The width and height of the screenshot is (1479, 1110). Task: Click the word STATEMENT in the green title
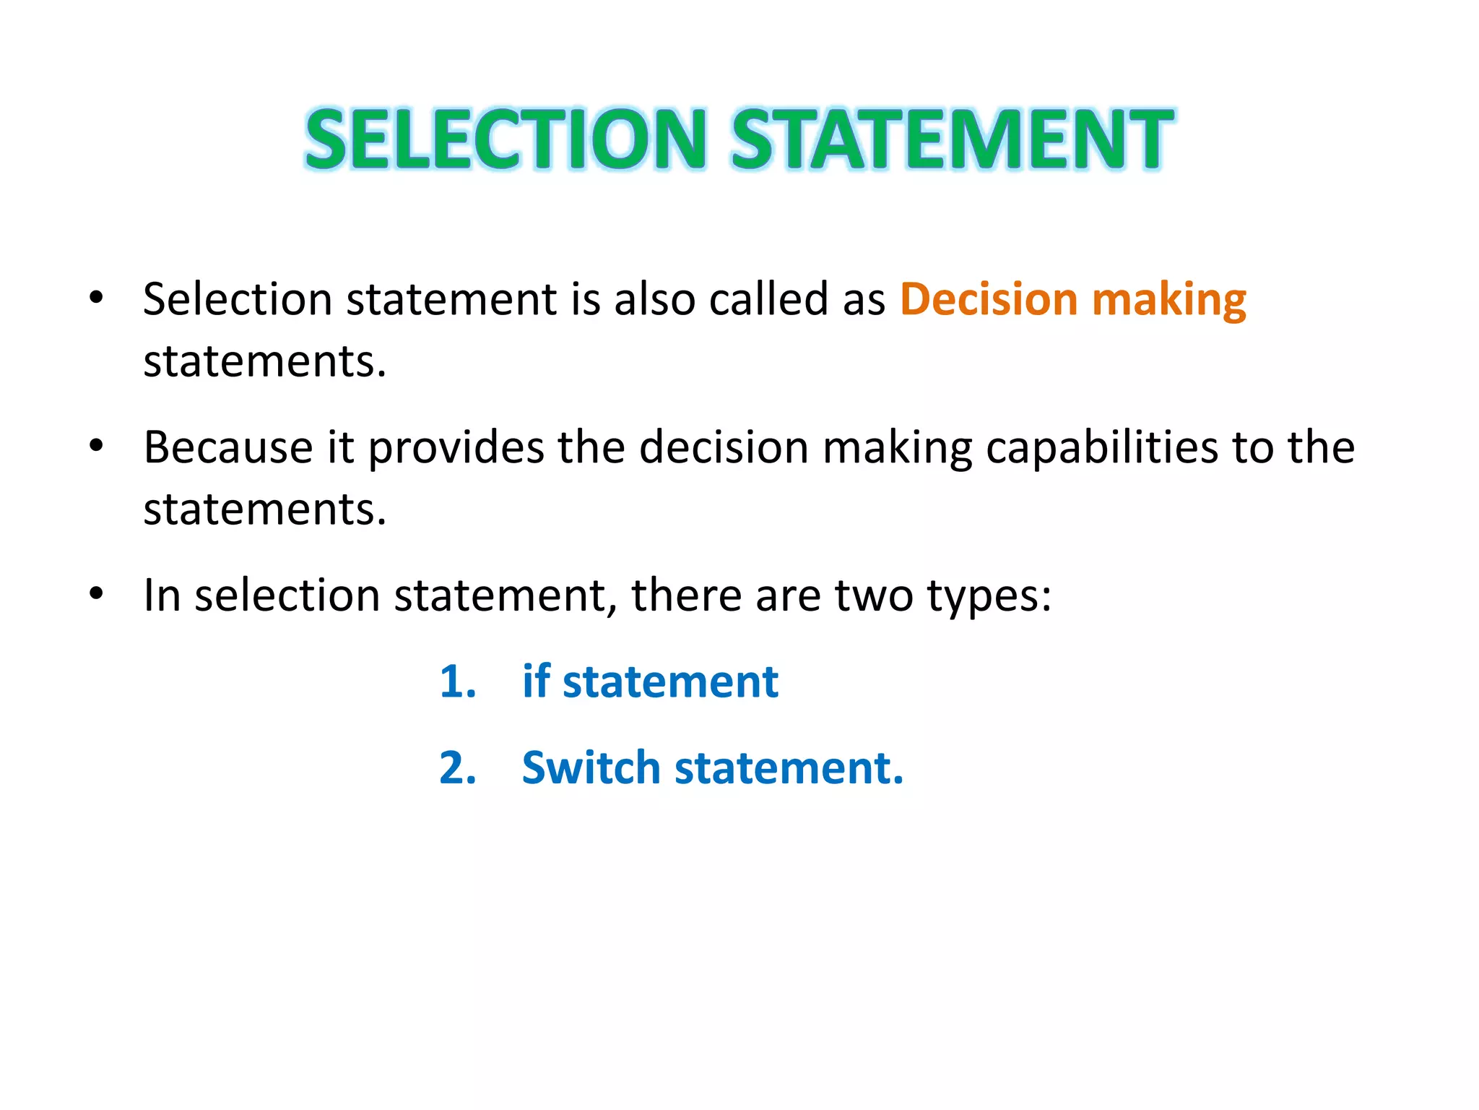point(952,139)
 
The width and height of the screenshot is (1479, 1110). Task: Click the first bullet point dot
point(96,297)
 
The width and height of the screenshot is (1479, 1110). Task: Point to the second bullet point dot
point(96,445)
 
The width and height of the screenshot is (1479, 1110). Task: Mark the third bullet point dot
point(96,593)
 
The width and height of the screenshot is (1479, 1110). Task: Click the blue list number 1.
point(458,681)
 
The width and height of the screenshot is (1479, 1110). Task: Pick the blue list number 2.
point(458,767)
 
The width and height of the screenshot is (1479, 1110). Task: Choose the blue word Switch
point(591,767)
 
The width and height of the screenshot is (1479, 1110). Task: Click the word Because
point(227,447)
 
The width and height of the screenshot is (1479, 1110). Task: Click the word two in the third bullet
point(874,596)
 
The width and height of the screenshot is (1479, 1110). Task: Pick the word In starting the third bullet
point(162,596)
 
